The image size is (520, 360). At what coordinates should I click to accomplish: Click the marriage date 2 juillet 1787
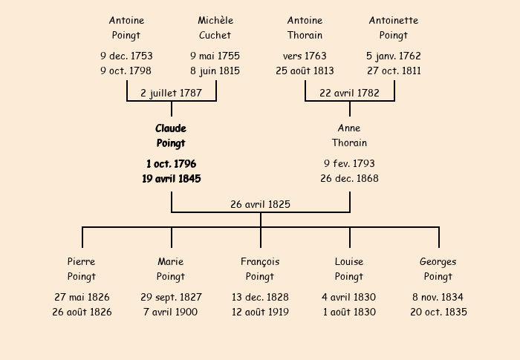(x=171, y=93)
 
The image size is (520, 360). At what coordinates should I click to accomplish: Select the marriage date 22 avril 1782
(x=349, y=93)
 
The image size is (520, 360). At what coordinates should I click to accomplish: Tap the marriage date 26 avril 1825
(x=260, y=204)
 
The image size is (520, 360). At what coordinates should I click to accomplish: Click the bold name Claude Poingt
(x=171, y=136)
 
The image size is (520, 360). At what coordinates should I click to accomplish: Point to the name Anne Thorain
(x=349, y=136)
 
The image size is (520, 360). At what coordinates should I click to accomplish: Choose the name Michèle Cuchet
(x=215, y=27)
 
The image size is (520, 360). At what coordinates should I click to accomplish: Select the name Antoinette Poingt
(x=394, y=27)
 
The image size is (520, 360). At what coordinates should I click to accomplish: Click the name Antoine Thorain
(x=305, y=27)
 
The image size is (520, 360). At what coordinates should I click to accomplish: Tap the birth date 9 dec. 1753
(x=126, y=56)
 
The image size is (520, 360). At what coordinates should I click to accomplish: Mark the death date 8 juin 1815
(x=215, y=71)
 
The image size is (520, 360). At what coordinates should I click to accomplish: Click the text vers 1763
(x=305, y=56)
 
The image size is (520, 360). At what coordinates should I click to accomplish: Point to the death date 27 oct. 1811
(x=394, y=71)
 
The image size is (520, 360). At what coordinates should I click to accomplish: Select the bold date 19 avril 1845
(x=171, y=178)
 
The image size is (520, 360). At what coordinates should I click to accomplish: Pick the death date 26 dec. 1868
(x=349, y=178)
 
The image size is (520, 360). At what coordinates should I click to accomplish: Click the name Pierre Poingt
(x=82, y=269)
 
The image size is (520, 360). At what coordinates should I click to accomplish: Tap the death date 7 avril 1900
(x=171, y=312)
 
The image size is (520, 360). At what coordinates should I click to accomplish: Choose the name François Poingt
(x=260, y=269)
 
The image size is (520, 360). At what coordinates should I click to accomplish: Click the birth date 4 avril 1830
(x=349, y=297)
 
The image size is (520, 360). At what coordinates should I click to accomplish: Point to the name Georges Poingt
(x=438, y=269)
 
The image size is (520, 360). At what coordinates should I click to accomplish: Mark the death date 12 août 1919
(x=260, y=312)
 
